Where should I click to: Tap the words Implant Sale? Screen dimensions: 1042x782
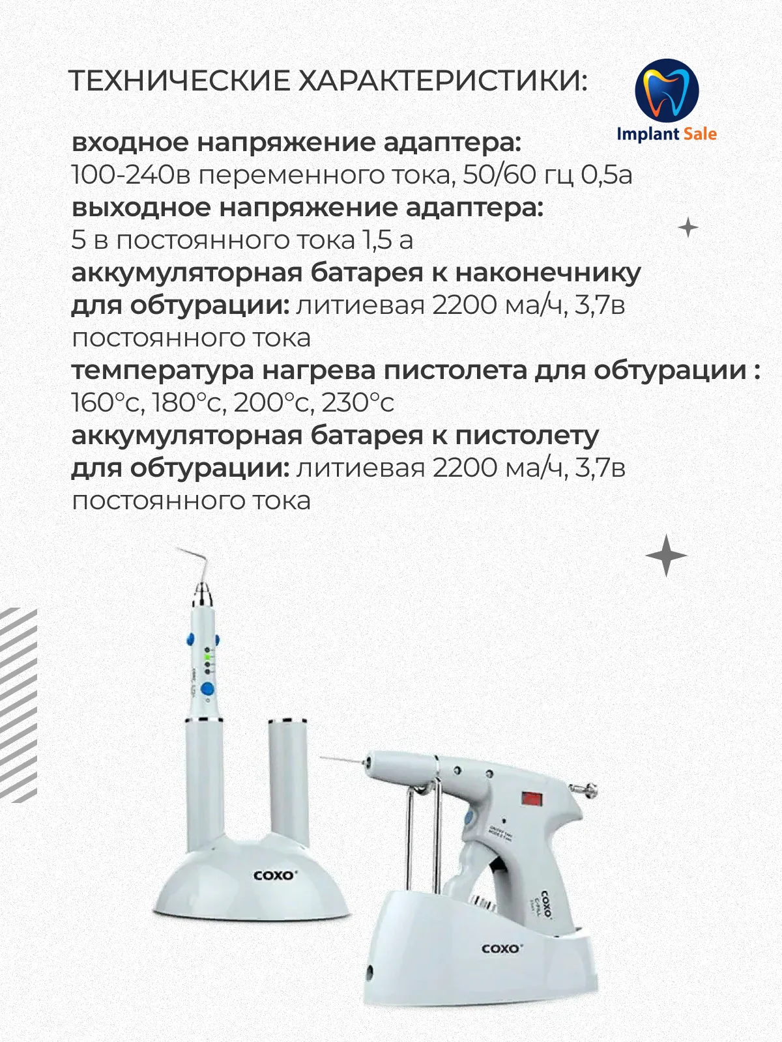(666, 134)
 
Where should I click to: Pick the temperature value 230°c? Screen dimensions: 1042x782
(358, 402)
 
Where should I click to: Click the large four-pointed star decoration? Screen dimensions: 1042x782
(666, 556)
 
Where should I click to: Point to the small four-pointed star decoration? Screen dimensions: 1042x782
(688, 228)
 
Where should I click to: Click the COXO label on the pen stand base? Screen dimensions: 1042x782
(274, 875)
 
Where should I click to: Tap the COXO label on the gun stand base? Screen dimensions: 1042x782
(502, 948)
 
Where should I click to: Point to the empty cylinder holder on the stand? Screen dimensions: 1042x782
(287, 781)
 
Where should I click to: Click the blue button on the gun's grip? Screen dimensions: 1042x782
(468, 818)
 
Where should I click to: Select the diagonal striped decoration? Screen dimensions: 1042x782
(18, 703)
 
